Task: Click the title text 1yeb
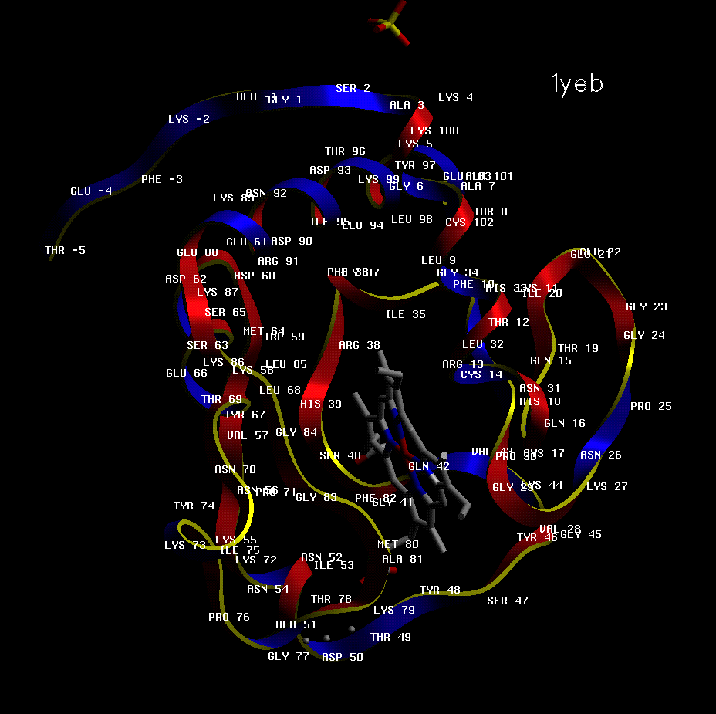pyautogui.click(x=577, y=83)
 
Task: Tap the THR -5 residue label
pyautogui.click(x=66, y=250)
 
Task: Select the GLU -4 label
pyautogui.click(x=91, y=191)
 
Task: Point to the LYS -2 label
pyautogui.click(x=189, y=119)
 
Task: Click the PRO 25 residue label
pyautogui.click(x=651, y=406)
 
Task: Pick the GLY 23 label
pyautogui.click(x=647, y=306)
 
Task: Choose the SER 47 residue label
pyautogui.click(x=508, y=600)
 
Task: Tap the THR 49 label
pyautogui.click(x=390, y=637)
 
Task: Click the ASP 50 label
pyautogui.click(x=343, y=657)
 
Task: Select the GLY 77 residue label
pyautogui.click(x=289, y=656)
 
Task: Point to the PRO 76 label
pyautogui.click(x=229, y=617)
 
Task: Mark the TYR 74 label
pyautogui.click(x=194, y=506)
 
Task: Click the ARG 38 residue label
pyautogui.click(x=360, y=345)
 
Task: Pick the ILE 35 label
pyautogui.click(x=406, y=314)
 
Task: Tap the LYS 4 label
pyautogui.click(x=456, y=97)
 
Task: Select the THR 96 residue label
pyautogui.click(x=345, y=151)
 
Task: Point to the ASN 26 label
pyautogui.click(x=601, y=455)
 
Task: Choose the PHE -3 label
pyautogui.click(x=162, y=179)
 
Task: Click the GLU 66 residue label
pyautogui.click(x=187, y=373)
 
